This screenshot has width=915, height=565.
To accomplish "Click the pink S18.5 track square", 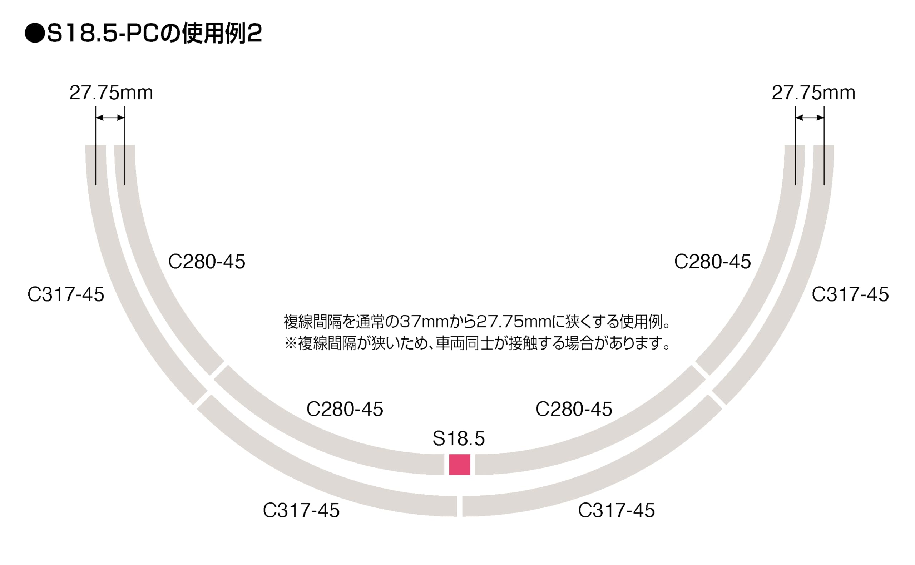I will (459, 465).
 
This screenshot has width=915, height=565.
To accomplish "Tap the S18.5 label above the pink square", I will (459, 438).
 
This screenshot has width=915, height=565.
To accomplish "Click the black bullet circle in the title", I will (35, 34).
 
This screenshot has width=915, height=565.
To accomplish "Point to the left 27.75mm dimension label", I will (111, 93).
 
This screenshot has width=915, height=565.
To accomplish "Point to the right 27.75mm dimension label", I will (813, 93).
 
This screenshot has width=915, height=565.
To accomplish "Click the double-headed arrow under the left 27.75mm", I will (110, 118).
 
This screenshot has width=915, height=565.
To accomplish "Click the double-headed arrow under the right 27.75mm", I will (810, 118).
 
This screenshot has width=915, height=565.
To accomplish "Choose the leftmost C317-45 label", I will (66, 294).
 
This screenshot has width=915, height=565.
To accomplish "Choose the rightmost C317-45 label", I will (850, 294).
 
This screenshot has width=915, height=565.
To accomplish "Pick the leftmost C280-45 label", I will (207, 262).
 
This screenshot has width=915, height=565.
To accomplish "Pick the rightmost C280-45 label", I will (712, 262).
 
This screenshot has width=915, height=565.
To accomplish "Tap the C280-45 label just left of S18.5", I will (345, 409).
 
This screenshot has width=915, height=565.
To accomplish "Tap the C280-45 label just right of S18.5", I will (574, 409).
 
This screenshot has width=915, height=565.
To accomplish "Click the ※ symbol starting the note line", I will (291, 343).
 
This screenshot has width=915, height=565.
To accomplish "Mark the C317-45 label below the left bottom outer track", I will (301, 510).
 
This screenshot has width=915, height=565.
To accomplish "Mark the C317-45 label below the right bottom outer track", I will (616, 510).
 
